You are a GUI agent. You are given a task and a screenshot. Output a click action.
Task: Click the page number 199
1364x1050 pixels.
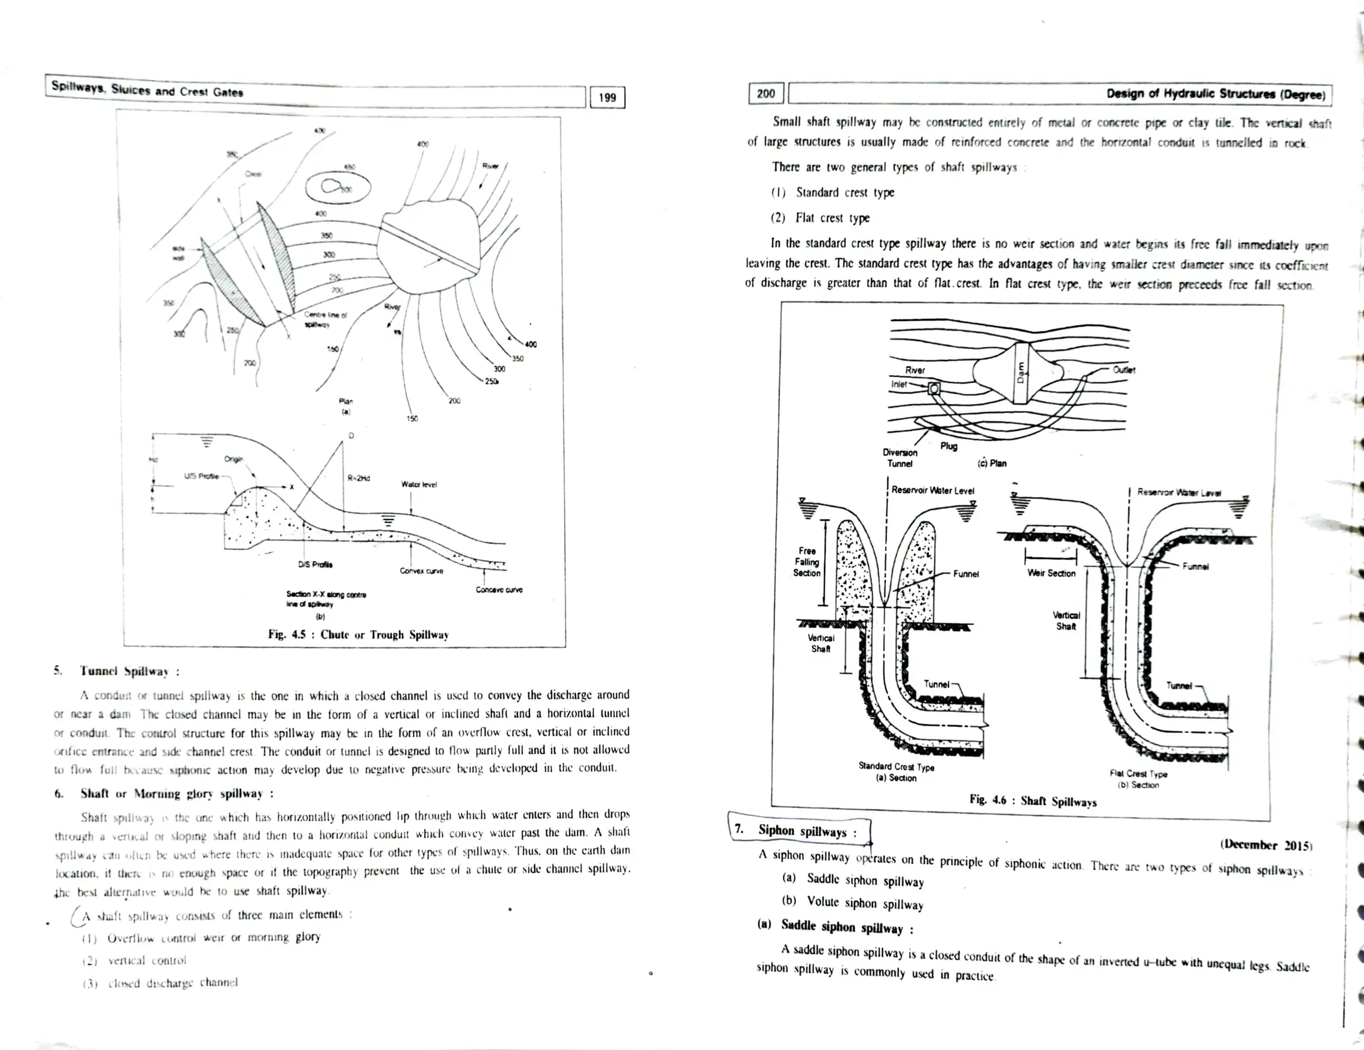click(x=607, y=98)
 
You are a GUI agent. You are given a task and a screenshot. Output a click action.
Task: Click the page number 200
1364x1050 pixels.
click(x=766, y=94)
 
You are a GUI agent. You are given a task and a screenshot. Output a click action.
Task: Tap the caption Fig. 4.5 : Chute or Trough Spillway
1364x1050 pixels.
click(x=358, y=634)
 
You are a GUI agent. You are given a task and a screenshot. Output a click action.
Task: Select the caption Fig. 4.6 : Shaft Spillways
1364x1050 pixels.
click(x=1032, y=801)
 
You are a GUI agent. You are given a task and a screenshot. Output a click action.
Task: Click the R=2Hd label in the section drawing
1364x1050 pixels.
click(x=359, y=478)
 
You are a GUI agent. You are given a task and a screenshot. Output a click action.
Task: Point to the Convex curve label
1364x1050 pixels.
click(x=421, y=571)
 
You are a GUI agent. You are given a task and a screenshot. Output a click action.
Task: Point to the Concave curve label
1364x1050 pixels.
click(x=499, y=590)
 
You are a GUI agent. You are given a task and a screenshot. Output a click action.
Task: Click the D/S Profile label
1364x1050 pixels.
click(x=315, y=565)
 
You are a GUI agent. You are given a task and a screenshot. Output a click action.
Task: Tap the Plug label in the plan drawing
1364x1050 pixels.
click(x=948, y=446)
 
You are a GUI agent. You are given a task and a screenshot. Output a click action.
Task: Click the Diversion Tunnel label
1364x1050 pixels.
click(x=900, y=458)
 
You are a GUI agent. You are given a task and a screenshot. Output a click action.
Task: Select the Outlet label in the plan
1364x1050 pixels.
click(x=1124, y=370)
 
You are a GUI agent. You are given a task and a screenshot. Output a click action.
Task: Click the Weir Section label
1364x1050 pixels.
click(x=1051, y=573)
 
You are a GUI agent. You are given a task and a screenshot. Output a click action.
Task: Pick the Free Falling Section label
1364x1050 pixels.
click(x=807, y=562)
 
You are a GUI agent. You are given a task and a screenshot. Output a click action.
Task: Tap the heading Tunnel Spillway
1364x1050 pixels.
click(x=129, y=671)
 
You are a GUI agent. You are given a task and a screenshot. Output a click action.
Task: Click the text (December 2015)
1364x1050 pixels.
click(x=1265, y=845)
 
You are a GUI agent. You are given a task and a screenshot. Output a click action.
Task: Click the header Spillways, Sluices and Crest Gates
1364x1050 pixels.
click(x=147, y=91)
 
